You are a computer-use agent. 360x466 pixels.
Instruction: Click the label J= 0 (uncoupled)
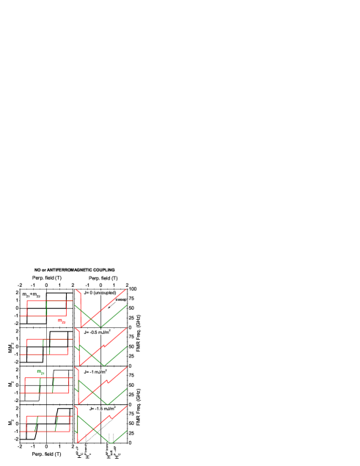100,293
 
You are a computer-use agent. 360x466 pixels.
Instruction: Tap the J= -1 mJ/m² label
95,372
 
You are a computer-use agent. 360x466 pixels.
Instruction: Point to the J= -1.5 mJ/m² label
102,409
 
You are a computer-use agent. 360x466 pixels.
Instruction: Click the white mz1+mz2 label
31,294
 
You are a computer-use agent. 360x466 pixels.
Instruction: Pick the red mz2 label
62,321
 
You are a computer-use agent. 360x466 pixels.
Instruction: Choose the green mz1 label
41,372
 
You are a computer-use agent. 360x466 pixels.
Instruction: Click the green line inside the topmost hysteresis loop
46,307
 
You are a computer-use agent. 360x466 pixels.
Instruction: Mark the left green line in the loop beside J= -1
40,385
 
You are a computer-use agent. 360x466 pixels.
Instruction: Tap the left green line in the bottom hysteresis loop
36,423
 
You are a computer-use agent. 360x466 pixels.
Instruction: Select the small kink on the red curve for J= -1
107,382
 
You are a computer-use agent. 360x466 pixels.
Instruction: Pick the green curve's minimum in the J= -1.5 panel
108,443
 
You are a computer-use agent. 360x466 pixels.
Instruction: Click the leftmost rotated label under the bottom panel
78,451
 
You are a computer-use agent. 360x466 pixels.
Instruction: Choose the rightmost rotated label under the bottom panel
115,451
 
